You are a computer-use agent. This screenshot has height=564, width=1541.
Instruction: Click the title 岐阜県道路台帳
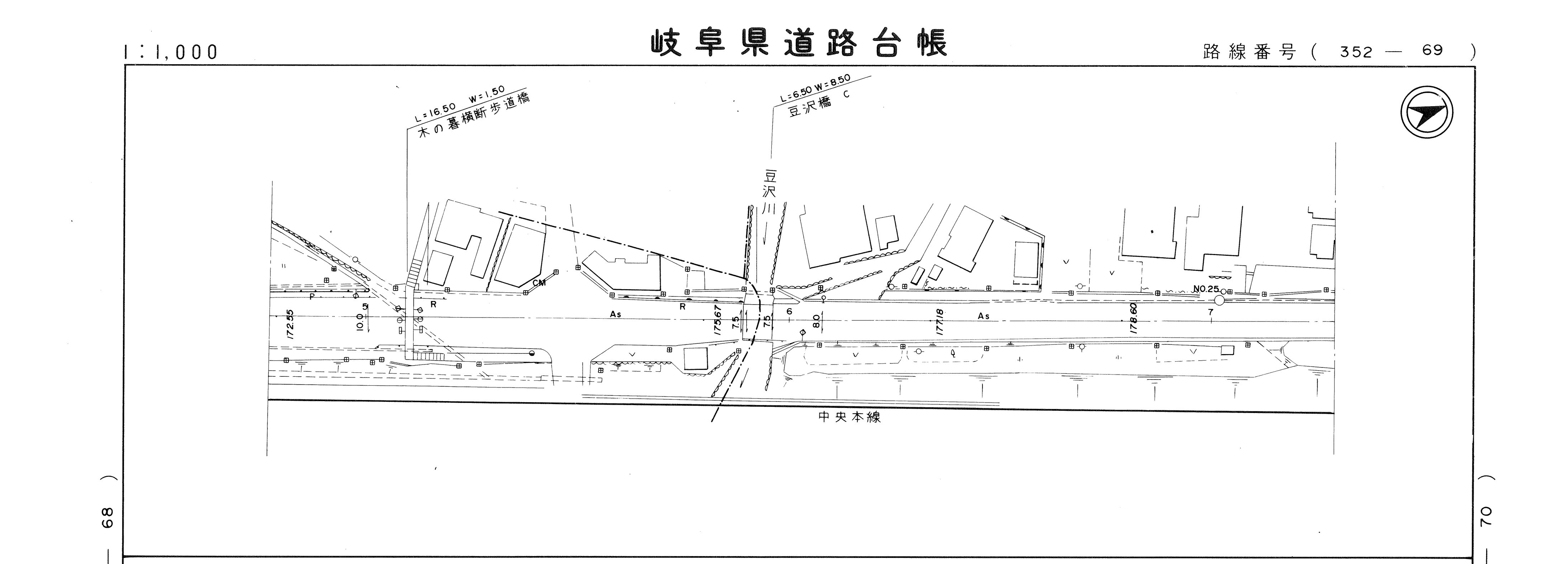(799, 43)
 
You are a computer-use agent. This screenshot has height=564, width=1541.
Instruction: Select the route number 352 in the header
(1356, 52)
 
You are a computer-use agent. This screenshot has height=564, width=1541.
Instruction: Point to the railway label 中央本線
(850, 417)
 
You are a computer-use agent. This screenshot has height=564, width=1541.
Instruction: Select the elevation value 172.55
(290, 324)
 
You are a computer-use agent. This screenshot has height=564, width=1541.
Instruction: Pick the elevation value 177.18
(939, 321)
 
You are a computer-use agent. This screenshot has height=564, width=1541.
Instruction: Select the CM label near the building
(539, 283)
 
